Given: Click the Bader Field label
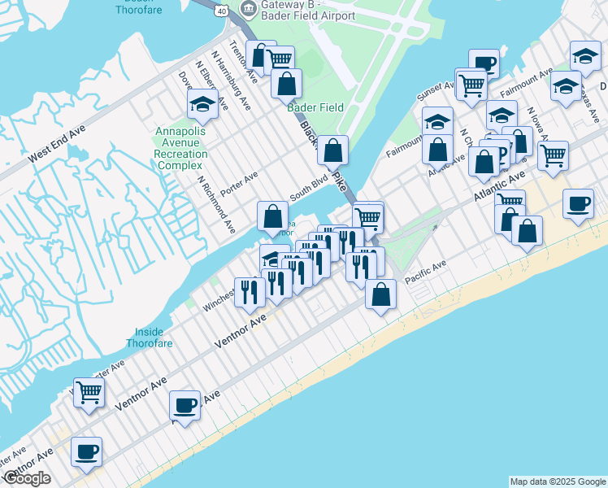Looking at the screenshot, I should (x=315, y=107).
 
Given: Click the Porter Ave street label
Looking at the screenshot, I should (x=238, y=177).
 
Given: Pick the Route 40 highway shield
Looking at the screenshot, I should (x=221, y=10).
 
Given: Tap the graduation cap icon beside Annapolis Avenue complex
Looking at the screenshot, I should (x=202, y=103).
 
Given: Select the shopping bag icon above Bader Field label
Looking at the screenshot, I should (x=286, y=82).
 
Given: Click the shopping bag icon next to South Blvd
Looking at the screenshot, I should (x=272, y=216).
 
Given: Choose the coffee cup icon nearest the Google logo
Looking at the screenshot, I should (x=86, y=451).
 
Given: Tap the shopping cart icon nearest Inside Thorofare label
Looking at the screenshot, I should (x=89, y=391).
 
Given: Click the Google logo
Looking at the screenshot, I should (x=27, y=478).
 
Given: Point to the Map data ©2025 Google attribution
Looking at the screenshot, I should (x=557, y=481).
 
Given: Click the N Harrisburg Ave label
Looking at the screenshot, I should (x=231, y=76).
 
